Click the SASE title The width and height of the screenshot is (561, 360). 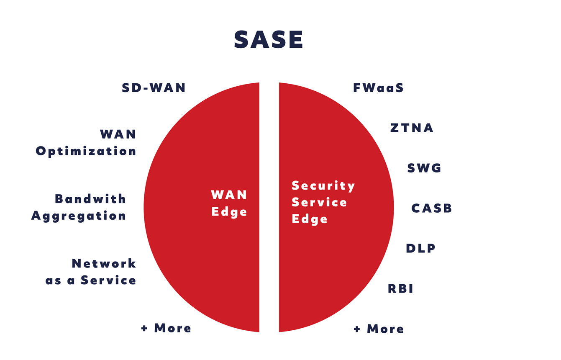click(269, 40)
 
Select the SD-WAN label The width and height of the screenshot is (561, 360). click(154, 87)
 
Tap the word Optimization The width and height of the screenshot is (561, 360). click(86, 151)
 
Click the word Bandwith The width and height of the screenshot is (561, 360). click(90, 199)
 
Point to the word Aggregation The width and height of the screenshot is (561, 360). click(78, 216)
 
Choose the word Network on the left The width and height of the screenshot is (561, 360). click(104, 263)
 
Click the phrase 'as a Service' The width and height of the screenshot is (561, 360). click(91, 280)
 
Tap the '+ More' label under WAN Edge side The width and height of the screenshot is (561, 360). click(166, 328)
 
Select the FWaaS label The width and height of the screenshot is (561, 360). click(378, 87)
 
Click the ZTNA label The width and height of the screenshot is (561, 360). click(412, 128)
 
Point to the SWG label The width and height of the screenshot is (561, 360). click(424, 168)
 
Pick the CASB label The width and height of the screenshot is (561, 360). click(431, 208)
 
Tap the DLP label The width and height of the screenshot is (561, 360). click(420, 248)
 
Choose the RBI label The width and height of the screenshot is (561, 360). click(400, 288)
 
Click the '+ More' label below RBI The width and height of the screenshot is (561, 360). click(379, 329)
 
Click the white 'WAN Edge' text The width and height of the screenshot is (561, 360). click(229, 203)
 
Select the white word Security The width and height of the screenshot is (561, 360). click(323, 186)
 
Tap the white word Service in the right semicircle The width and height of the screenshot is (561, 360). click(319, 202)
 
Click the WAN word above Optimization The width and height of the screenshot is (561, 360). click(118, 134)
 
